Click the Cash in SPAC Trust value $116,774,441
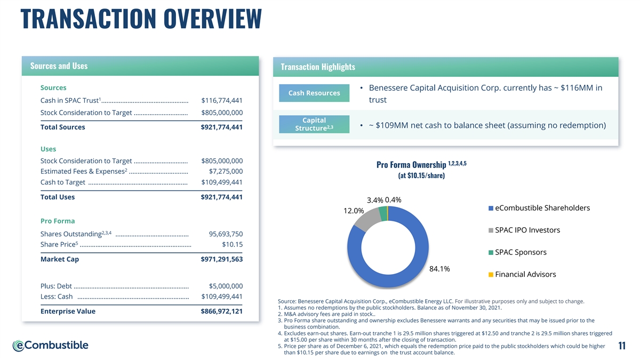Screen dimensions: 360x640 (222, 100)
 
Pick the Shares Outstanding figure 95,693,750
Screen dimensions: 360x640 (226, 234)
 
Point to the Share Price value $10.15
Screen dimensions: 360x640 (232, 245)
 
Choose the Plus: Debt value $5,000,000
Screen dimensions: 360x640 (226, 286)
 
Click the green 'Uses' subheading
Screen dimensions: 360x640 (48, 149)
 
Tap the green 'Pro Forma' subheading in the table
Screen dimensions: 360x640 (58, 221)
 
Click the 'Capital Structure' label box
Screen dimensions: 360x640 (314, 124)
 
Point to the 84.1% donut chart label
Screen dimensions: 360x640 (439, 269)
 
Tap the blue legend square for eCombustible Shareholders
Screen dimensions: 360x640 (491, 208)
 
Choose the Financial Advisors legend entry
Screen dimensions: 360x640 (525, 274)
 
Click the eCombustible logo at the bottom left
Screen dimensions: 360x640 (51, 346)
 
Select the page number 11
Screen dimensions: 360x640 (621, 347)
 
